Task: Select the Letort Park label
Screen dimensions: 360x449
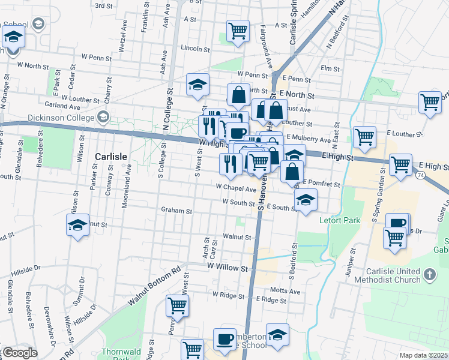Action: (x=340, y=221)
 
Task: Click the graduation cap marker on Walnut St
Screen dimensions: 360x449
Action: (x=77, y=225)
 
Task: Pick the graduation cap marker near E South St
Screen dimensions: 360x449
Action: (x=306, y=200)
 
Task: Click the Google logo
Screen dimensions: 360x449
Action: (x=20, y=353)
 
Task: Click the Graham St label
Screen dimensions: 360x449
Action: (x=176, y=211)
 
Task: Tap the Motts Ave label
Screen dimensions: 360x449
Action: (x=286, y=291)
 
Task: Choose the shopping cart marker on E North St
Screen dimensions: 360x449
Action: (x=430, y=103)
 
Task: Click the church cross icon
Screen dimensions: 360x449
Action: (x=429, y=274)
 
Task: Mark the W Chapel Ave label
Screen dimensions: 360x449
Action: (x=237, y=188)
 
